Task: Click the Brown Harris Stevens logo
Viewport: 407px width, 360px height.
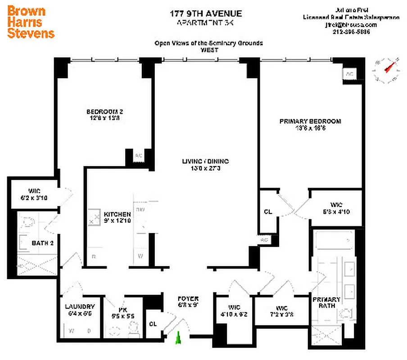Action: pyautogui.click(x=31, y=22)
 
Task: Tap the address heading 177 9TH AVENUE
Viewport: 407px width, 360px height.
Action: pyautogui.click(x=206, y=14)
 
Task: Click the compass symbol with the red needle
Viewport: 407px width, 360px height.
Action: pyautogui.click(x=387, y=69)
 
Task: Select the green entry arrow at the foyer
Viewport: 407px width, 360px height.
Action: pyautogui.click(x=179, y=338)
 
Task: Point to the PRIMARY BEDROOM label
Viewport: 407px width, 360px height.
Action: pyautogui.click(x=310, y=121)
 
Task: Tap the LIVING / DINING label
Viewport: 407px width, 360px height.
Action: pyautogui.click(x=205, y=161)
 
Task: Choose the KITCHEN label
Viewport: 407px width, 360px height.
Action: pyautogui.click(x=117, y=215)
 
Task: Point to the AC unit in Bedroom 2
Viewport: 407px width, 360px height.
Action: pyautogui.click(x=138, y=156)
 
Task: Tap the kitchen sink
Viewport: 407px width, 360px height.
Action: pyautogui.click(x=94, y=217)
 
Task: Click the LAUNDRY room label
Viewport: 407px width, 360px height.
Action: pyautogui.click(x=80, y=306)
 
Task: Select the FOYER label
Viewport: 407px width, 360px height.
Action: pyautogui.click(x=188, y=299)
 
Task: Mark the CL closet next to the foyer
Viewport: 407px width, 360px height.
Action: pyautogui.click(x=153, y=324)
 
